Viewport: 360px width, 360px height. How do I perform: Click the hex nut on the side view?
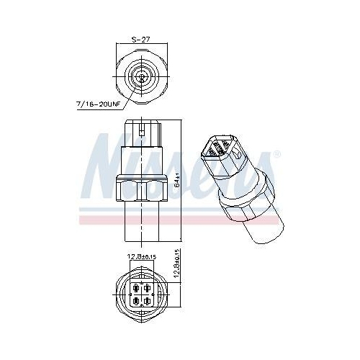(143, 189)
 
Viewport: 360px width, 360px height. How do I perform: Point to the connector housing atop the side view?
(143, 133)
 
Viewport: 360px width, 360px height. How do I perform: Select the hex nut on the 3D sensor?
(248, 198)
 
